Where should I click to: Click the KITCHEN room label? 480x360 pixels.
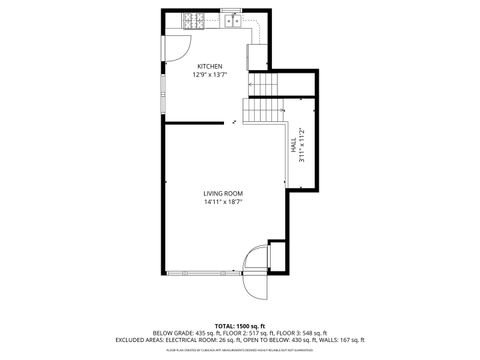click(x=209, y=67)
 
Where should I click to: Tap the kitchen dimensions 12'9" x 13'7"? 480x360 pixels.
click(x=209, y=74)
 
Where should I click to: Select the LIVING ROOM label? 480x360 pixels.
click(x=223, y=193)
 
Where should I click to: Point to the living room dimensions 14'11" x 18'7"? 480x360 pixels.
click(x=223, y=201)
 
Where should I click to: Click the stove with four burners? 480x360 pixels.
click(x=192, y=19)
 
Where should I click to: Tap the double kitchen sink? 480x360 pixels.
click(x=231, y=19)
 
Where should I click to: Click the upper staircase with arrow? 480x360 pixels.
click(x=261, y=84)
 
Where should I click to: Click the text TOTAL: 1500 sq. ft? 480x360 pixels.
click(x=238, y=326)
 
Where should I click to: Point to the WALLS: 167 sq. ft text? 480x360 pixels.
click(x=343, y=339)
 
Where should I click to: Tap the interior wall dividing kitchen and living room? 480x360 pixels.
click(x=194, y=123)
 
